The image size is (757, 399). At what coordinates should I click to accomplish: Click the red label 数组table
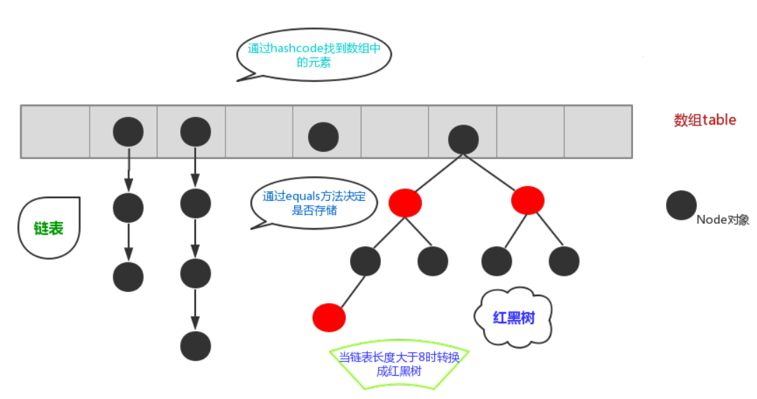click(x=704, y=120)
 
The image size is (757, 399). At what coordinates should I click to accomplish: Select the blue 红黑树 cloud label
click(x=513, y=317)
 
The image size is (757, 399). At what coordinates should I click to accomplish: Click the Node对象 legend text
click(x=723, y=220)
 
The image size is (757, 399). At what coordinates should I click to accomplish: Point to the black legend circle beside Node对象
click(x=681, y=205)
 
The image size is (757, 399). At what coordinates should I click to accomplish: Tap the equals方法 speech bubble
click(x=314, y=203)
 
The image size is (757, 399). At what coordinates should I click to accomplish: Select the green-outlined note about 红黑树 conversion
click(x=399, y=363)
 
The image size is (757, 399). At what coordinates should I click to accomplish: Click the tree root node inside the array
click(x=463, y=139)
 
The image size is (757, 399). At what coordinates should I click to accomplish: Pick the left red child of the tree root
click(x=405, y=202)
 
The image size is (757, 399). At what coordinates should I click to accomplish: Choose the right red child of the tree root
click(x=528, y=200)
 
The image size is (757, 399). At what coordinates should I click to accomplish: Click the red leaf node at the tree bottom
click(x=328, y=317)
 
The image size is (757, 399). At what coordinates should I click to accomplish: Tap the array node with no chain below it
click(x=324, y=136)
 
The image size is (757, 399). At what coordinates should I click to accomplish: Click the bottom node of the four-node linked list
click(x=195, y=346)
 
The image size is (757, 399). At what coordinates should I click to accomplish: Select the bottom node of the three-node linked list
click(x=128, y=276)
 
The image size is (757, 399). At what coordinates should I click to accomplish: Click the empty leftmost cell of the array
click(x=55, y=132)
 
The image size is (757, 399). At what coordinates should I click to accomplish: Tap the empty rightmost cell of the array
click(x=597, y=132)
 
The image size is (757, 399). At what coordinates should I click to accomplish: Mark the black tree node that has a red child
click(x=365, y=261)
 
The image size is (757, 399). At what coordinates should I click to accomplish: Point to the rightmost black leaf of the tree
click(x=564, y=261)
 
